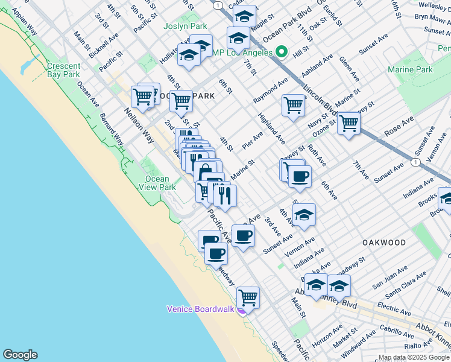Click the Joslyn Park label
pyautogui.click(x=185, y=27)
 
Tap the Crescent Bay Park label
pyautogui.click(x=63, y=70)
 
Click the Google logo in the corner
pyautogui.click(x=20, y=355)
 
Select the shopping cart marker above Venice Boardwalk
pyautogui.click(x=248, y=297)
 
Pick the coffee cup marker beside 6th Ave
pyautogui.click(x=300, y=177)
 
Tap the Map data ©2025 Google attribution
pyautogui.click(x=414, y=357)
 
